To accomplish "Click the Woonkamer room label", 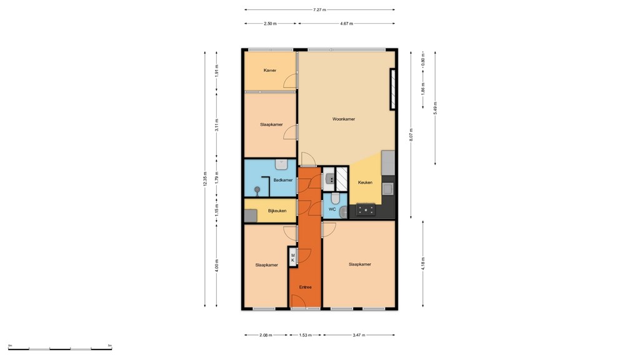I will [x=344, y=119].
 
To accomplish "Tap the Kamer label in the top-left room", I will [x=269, y=71].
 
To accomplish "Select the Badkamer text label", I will [x=282, y=180].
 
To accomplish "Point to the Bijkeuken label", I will [x=277, y=211].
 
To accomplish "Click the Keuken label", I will [x=365, y=182].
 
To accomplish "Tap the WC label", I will [x=332, y=209].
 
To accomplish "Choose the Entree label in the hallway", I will [x=305, y=287].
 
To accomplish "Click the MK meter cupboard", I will [x=292, y=257].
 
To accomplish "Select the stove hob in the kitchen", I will [x=366, y=211].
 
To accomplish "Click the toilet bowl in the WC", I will [x=336, y=198].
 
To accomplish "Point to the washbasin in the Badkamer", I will [x=281, y=164].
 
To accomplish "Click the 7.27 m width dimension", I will [x=319, y=10].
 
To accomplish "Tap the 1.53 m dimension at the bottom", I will [x=306, y=336].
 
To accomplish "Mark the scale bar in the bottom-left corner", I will [x=59, y=348].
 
